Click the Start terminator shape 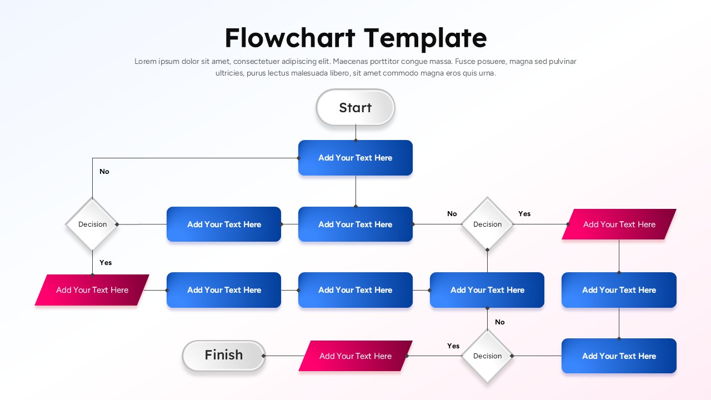tap(355, 107)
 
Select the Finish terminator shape tap(224, 356)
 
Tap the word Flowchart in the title tap(290, 38)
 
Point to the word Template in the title tap(425, 38)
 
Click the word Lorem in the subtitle tap(146, 62)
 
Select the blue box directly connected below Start tap(355, 158)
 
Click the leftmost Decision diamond tap(92, 224)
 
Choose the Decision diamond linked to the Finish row tap(487, 356)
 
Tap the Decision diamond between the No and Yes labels tap(487, 224)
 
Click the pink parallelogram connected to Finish tap(355, 356)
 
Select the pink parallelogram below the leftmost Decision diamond tap(92, 290)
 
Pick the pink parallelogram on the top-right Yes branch tap(619, 224)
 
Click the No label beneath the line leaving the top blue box tap(104, 172)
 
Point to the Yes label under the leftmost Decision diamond tap(106, 262)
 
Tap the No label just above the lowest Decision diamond tap(500, 322)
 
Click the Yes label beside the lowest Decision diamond tap(453, 346)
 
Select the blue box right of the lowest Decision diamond tap(619, 356)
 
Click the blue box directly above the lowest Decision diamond tap(487, 290)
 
